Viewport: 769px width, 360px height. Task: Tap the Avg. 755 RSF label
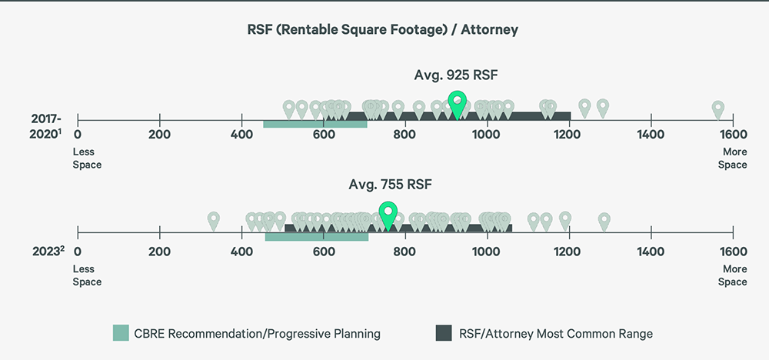tap(388, 185)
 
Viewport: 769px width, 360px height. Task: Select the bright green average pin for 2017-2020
tap(458, 103)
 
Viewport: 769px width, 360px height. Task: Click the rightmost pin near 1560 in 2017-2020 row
tap(717, 108)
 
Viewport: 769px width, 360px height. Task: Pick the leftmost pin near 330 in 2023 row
tap(214, 220)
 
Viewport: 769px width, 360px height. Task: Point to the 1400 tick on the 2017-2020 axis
tap(651, 120)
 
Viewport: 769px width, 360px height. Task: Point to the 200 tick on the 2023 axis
tap(159, 231)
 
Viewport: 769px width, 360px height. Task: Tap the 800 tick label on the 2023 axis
tap(404, 252)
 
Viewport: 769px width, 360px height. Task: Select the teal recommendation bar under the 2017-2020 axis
tap(315, 124)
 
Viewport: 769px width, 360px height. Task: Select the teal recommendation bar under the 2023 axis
tap(316, 236)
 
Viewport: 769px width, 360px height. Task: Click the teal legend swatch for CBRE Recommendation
tap(121, 333)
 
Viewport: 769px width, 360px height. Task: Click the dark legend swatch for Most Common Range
tap(443, 333)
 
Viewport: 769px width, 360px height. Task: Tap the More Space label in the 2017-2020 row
tap(732, 158)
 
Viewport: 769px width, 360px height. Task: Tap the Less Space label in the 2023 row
tap(87, 275)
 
